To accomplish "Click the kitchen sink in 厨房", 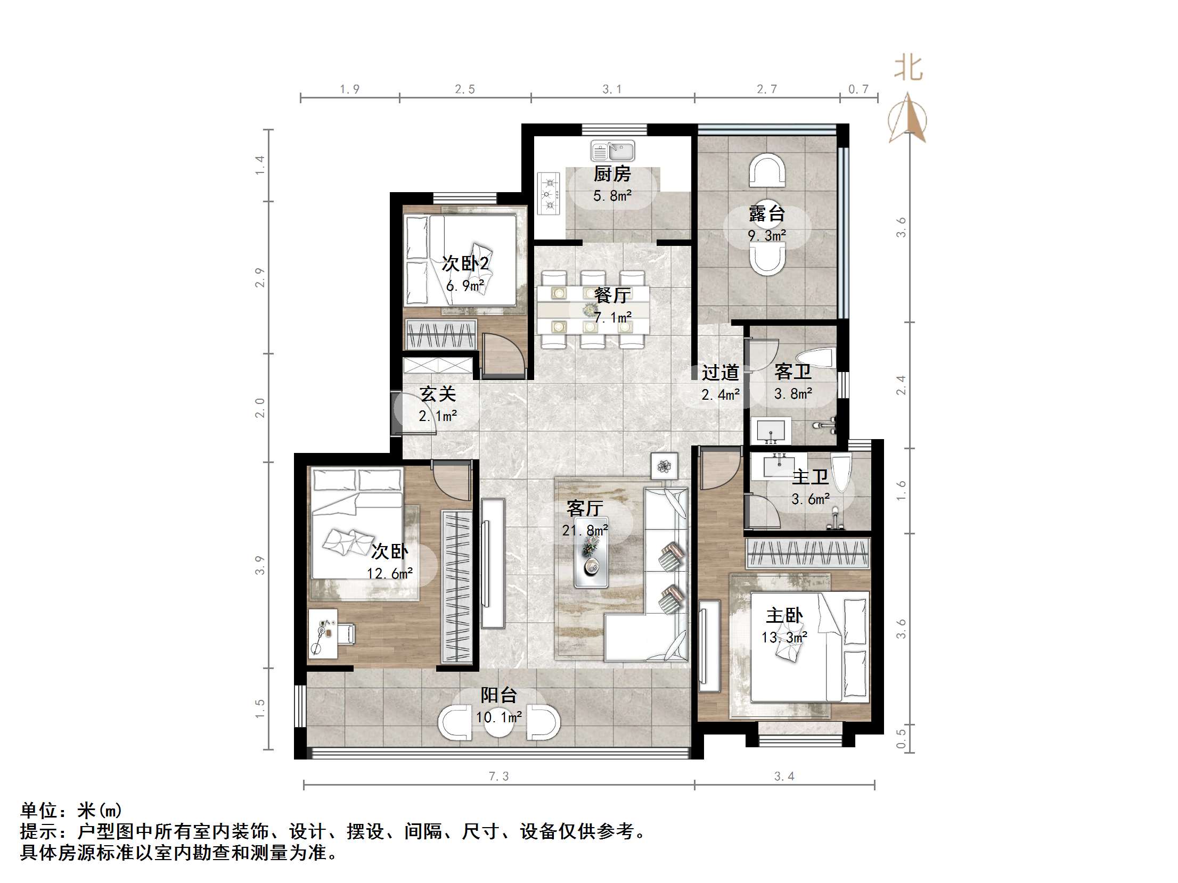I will (x=612, y=151).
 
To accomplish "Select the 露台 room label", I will (x=767, y=213).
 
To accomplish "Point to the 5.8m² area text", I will (x=612, y=196).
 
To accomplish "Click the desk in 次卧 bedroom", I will (x=323, y=633).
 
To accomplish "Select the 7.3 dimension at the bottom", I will (x=498, y=777).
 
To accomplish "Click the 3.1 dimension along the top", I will (x=612, y=89).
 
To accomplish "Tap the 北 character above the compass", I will (x=908, y=69).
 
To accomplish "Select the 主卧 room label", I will (x=784, y=616).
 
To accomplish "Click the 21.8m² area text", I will (x=585, y=530).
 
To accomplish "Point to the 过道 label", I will (x=720, y=373).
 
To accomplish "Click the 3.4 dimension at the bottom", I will (x=784, y=777).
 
